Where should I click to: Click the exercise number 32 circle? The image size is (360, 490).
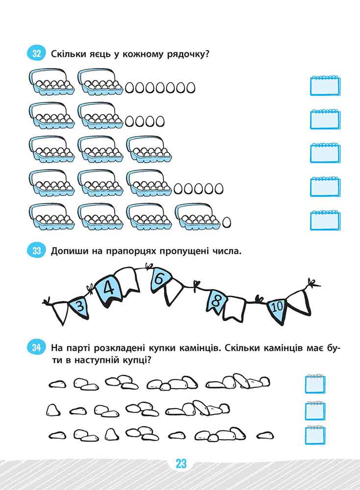37,53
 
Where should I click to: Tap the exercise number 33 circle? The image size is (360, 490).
37,250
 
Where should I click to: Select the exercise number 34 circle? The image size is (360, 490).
37,347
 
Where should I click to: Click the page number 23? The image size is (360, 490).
181,463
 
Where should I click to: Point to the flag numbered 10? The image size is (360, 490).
277,308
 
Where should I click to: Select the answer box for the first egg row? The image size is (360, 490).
325,85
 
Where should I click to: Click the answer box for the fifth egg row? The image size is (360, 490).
325,220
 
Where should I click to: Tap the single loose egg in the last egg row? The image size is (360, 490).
227,222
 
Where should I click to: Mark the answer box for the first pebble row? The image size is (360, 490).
315,384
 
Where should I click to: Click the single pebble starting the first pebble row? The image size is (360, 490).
57,384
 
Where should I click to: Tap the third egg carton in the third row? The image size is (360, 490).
149,149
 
